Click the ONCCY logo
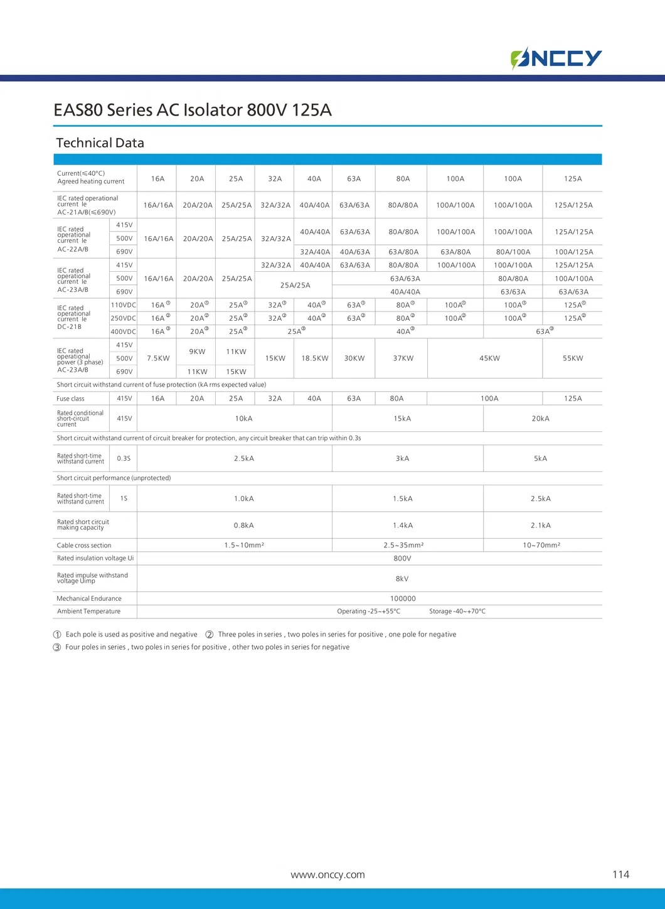tap(556, 58)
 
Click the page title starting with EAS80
tap(193, 110)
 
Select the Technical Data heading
tap(100, 143)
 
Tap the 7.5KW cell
tap(158, 358)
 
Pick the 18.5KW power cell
tap(315, 358)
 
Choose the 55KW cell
tap(573, 358)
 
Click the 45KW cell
tap(490, 358)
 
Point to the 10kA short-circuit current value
tap(244, 419)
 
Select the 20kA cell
tap(541, 419)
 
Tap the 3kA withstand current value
tap(403, 459)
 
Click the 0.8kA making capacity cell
tap(244, 525)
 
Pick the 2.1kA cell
tap(541, 525)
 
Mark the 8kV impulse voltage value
tap(402, 579)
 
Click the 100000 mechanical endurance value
tap(403, 599)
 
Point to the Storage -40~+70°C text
tap(457, 611)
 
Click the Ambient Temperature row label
tap(88, 611)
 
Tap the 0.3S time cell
tap(124, 459)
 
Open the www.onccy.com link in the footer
tap(327, 875)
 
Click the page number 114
tap(620, 874)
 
